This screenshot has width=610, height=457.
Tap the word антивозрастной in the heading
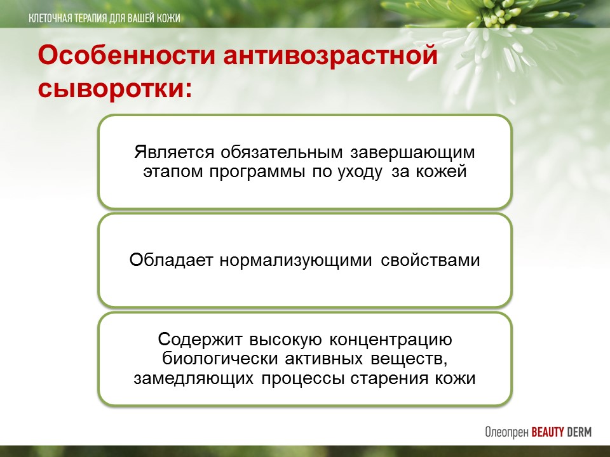point(330,56)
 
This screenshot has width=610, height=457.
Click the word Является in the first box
point(174,152)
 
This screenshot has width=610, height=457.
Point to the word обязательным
point(281,152)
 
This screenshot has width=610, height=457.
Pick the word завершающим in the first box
point(412,152)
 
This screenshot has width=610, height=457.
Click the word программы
point(257,172)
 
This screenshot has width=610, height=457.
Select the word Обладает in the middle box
point(171,260)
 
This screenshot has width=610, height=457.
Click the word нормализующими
point(295,260)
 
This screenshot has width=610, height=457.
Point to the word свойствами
point(430,260)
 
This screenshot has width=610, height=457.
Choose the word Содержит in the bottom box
point(200,340)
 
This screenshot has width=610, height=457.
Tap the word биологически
point(220,358)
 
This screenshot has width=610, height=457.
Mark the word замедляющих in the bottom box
point(193,378)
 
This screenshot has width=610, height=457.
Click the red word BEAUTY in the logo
point(547,432)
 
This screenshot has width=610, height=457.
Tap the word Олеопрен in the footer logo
point(506,432)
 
